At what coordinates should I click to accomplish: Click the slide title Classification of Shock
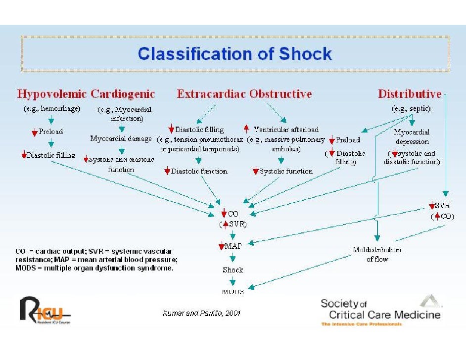235,53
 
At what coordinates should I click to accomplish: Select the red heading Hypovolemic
52,94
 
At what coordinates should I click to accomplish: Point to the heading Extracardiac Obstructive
244,94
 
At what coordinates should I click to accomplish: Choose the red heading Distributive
409,94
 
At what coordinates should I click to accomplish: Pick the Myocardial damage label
121,139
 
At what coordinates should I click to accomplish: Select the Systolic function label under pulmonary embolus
286,172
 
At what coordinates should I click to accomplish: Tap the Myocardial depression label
412,137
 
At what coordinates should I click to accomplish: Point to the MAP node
233,246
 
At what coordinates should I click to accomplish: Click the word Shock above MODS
233,270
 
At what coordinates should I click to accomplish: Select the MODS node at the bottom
233,292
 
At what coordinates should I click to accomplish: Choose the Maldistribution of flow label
377,254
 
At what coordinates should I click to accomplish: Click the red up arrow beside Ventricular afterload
246,130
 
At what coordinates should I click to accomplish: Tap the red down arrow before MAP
221,246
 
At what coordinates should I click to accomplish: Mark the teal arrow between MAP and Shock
233,258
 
